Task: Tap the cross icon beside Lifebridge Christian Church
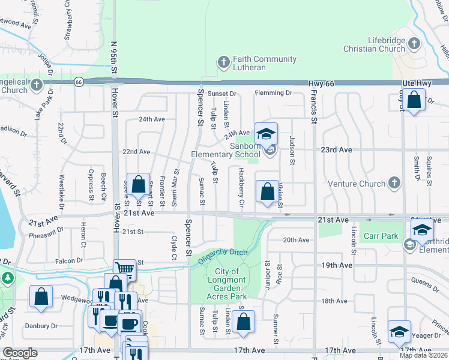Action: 414,43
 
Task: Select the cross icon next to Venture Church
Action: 394,182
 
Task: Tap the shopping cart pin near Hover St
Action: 124,269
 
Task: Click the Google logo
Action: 20,353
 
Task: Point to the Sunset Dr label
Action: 222,94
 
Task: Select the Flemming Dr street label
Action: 273,93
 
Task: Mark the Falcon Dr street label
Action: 68,260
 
